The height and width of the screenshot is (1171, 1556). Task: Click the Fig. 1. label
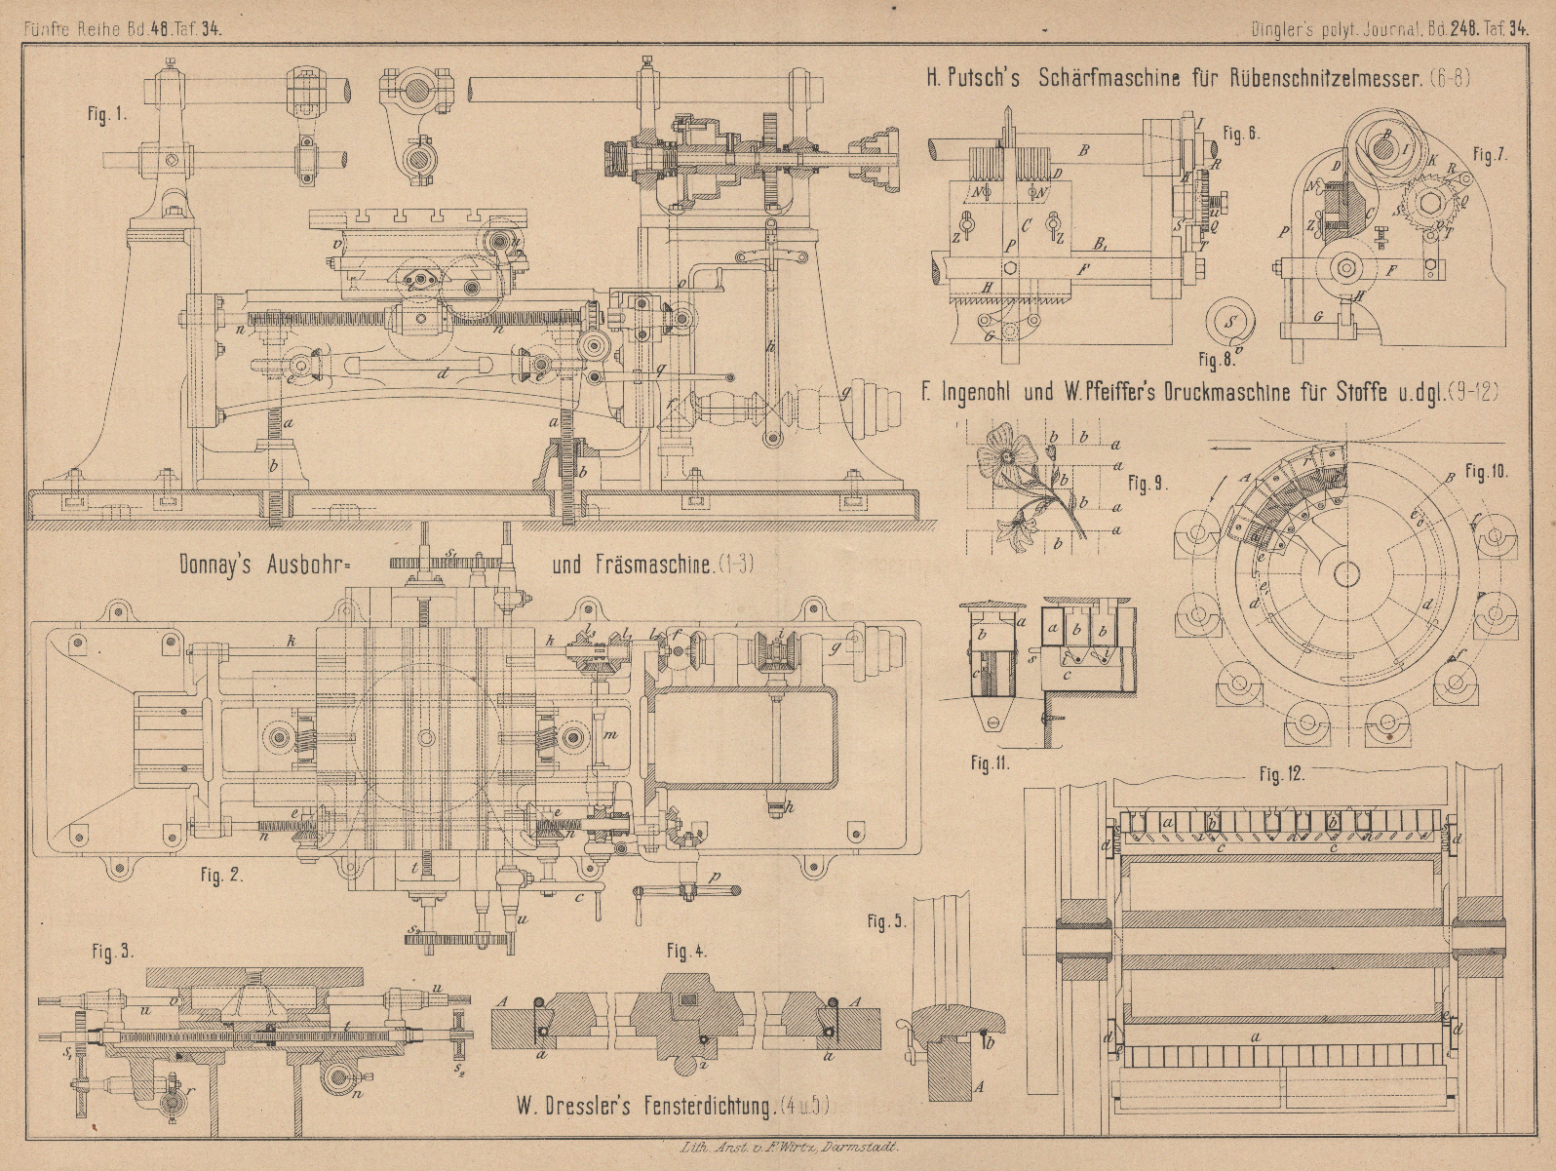(x=108, y=113)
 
